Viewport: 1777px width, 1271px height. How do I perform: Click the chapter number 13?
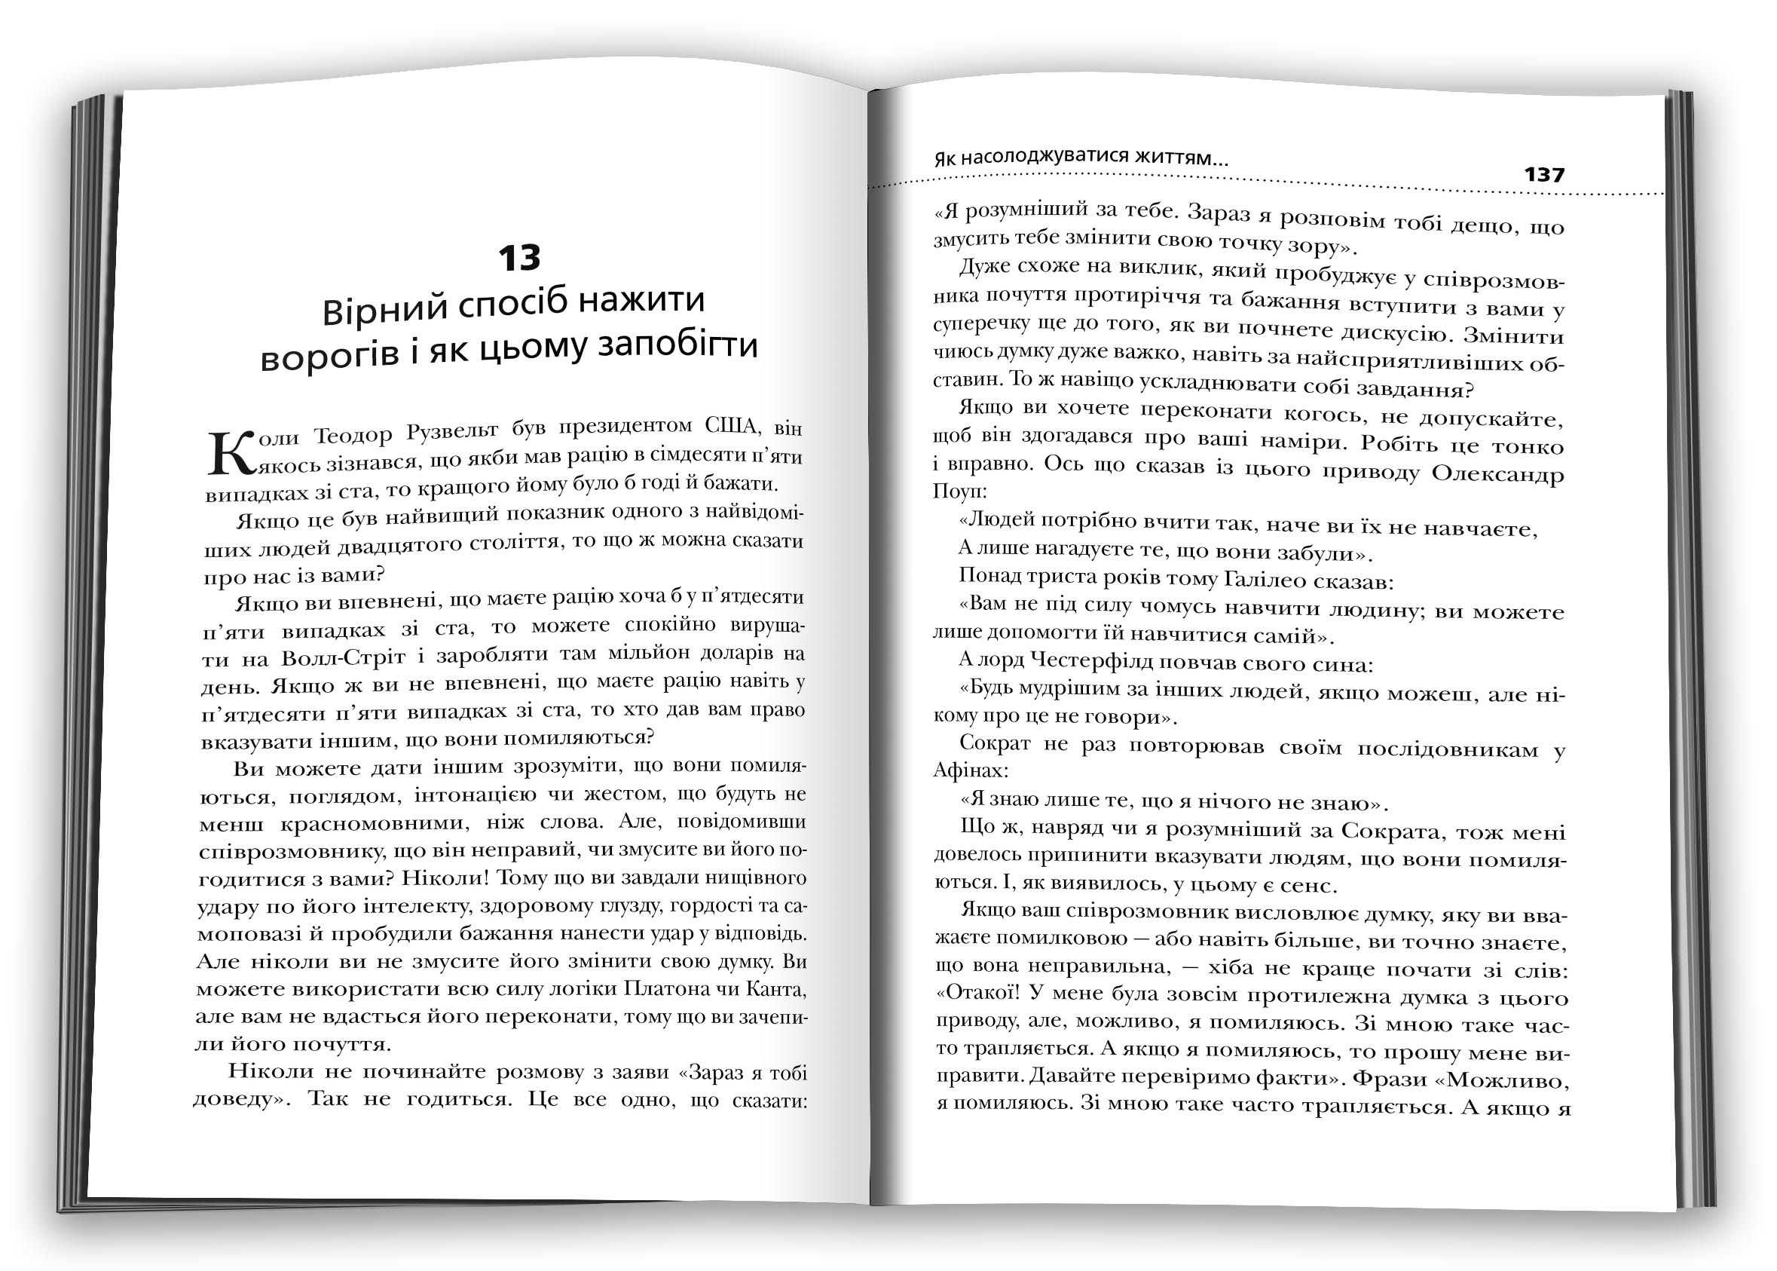(519, 258)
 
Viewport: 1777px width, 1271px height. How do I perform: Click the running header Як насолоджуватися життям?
(1081, 158)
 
